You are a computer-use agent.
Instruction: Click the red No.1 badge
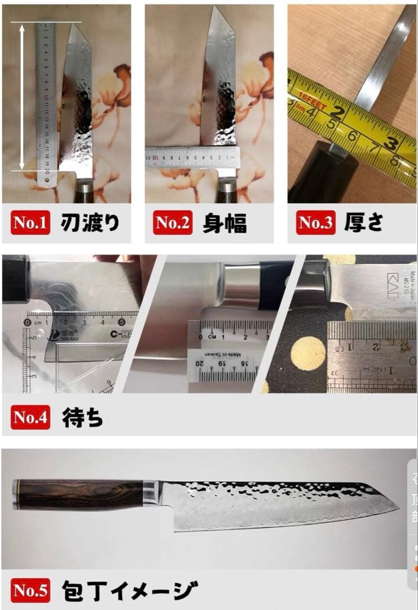30,223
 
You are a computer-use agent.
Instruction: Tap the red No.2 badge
173,223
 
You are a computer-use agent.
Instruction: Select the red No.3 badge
315,223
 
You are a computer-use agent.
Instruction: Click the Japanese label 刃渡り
90,223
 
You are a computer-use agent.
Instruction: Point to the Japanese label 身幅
225,223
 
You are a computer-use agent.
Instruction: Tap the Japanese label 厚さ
364,223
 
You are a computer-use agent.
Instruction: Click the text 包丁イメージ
129,590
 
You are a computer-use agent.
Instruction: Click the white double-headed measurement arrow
22,96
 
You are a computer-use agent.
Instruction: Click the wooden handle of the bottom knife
79,495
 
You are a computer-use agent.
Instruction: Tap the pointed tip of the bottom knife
398,507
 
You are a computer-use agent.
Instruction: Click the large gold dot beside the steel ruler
308,354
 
